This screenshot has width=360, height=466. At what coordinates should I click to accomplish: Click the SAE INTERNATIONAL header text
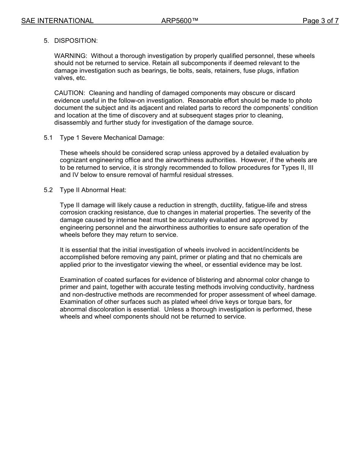(57, 21)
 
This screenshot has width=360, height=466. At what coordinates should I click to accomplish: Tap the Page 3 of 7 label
(320, 21)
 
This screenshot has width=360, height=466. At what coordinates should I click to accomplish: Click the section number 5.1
(48, 138)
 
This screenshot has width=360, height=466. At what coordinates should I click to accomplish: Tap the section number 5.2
(48, 190)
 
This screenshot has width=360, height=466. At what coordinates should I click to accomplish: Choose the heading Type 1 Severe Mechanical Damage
(112, 138)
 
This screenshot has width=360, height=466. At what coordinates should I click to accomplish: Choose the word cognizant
(74, 160)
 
